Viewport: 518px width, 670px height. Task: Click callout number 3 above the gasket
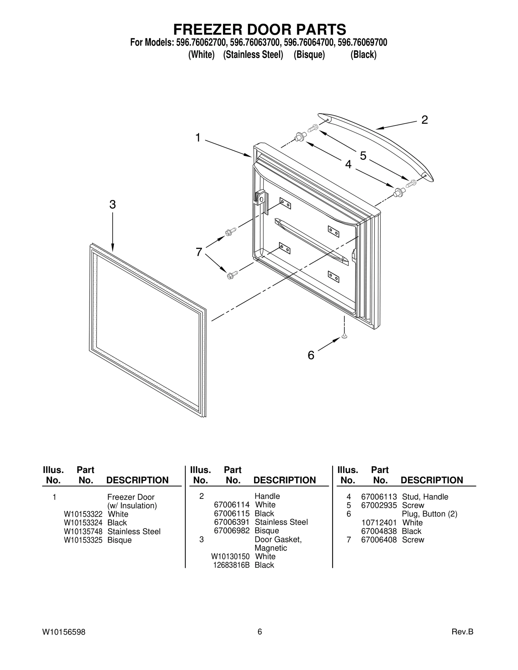112,204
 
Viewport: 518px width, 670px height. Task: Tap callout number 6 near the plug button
311,355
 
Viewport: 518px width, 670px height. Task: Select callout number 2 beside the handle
424,120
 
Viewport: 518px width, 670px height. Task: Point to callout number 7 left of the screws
199,252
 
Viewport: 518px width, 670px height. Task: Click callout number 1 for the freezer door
198,138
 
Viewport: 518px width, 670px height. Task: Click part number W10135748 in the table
83,532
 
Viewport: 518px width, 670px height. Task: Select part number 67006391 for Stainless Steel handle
232,522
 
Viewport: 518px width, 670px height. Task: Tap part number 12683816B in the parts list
231,565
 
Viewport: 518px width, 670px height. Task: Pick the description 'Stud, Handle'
425,497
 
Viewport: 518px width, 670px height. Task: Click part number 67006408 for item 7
379,540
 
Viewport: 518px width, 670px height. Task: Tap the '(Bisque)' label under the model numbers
309,55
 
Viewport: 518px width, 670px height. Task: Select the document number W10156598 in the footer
64,632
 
